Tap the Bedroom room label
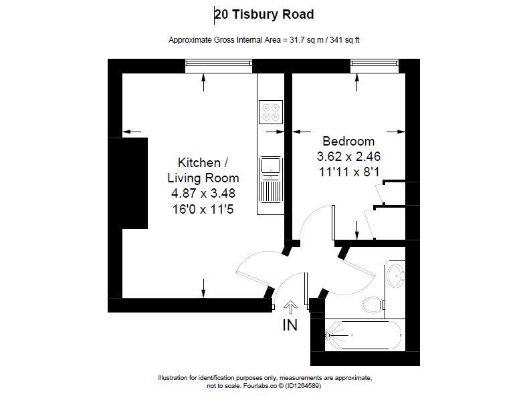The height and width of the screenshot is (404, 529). (348, 142)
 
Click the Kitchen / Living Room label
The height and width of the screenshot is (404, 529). (203, 170)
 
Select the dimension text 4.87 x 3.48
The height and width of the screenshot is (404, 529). (203, 193)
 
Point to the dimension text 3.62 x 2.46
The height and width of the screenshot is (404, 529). (348, 157)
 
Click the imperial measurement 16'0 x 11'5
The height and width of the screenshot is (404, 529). (203, 208)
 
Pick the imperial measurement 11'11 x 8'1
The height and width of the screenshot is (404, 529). (348, 172)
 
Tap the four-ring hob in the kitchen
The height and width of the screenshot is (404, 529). (271, 112)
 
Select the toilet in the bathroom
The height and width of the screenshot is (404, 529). (373, 305)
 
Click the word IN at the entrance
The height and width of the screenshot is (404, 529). (290, 325)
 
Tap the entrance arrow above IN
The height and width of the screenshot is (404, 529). (290, 307)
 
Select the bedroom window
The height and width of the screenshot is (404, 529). (374, 65)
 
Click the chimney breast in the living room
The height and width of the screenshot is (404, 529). (134, 183)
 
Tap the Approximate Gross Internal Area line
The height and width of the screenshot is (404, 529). (264, 39)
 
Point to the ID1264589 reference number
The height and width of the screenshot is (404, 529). (303, 385)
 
